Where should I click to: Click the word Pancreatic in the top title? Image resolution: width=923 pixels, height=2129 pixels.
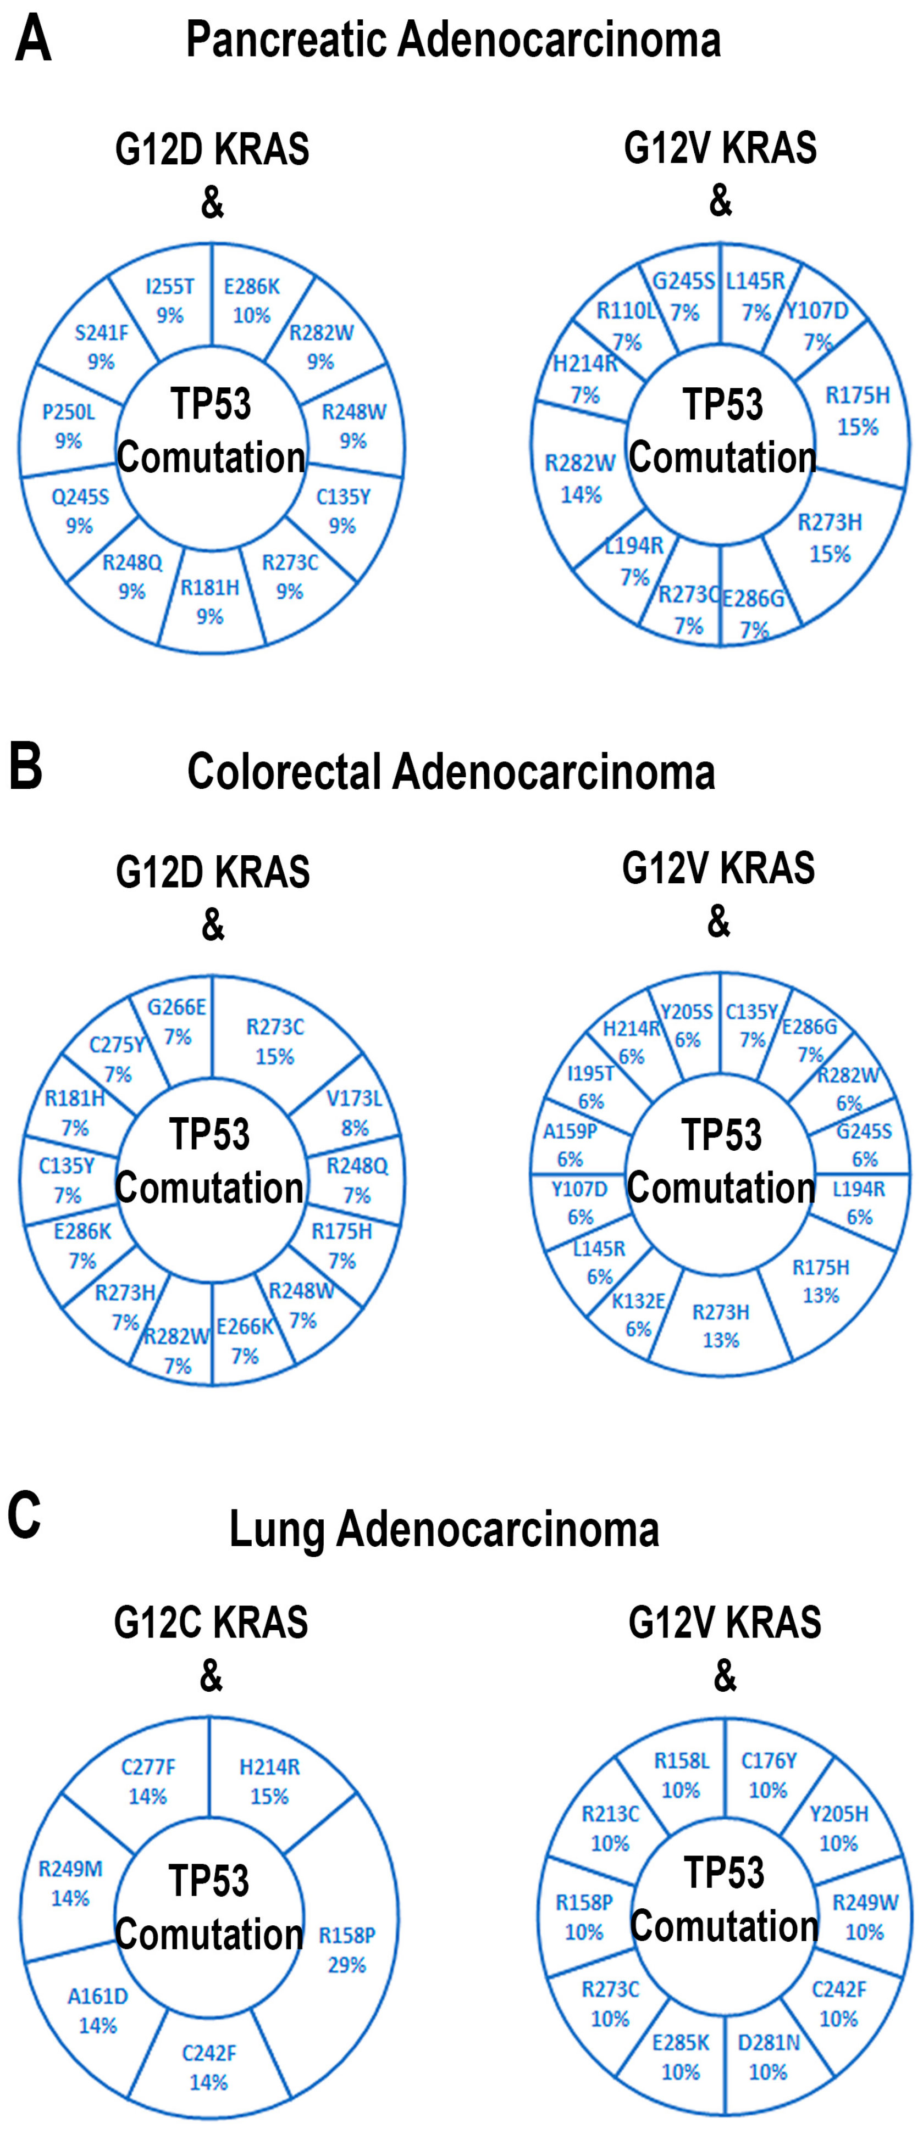point(288,40)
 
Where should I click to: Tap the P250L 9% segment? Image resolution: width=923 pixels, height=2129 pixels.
point(69,426)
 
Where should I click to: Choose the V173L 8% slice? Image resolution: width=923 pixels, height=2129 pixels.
point(354,1112)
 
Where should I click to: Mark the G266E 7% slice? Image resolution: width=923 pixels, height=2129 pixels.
point(176,1022)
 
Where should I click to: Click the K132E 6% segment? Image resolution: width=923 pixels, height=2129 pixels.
point(638,1314)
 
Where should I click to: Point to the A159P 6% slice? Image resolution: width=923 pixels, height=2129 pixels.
point(570,1145)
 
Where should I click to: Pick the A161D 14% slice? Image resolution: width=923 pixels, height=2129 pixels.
point(98,2010)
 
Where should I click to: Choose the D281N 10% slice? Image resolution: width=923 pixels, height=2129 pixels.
point(769,2056)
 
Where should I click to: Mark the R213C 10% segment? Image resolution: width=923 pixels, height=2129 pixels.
point(610,1828)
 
